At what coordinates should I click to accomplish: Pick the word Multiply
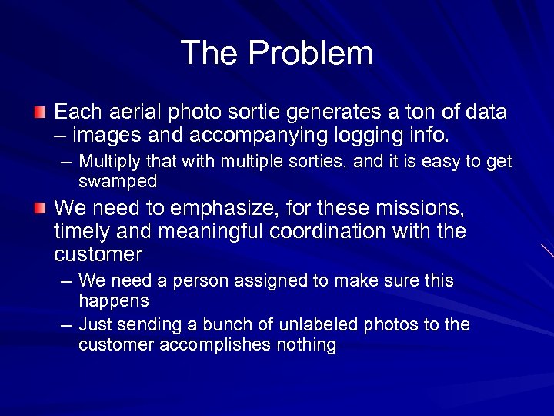point(111,163)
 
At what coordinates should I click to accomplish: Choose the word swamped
point(118,181)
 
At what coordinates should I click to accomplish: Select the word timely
point(83,231)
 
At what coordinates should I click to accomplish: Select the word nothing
point(306,344)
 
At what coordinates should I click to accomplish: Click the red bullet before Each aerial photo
point(41,113)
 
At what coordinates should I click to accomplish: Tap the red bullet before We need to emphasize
point(41,208)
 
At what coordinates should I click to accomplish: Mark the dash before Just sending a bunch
point(67,325)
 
